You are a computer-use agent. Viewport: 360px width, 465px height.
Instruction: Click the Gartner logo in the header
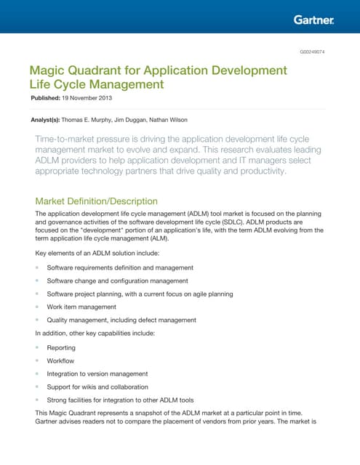(x=313, y=20)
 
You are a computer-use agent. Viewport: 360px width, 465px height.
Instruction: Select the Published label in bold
(x=49, y=97)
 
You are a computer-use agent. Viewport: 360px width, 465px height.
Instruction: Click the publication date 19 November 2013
(x=91, y=97)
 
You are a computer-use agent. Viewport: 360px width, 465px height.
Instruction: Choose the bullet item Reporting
(x=61, y=348)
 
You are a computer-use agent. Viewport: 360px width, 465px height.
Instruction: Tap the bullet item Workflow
(x=60, y=361)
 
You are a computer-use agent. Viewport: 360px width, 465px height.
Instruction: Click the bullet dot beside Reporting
(x=37, y=348)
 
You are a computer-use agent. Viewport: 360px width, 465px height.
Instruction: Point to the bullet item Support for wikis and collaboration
(x=97, y=387)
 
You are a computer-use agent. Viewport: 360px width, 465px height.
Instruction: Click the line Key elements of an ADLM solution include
(x=96, y=254)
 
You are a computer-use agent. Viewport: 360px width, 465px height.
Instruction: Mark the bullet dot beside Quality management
(x=37, y=320)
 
